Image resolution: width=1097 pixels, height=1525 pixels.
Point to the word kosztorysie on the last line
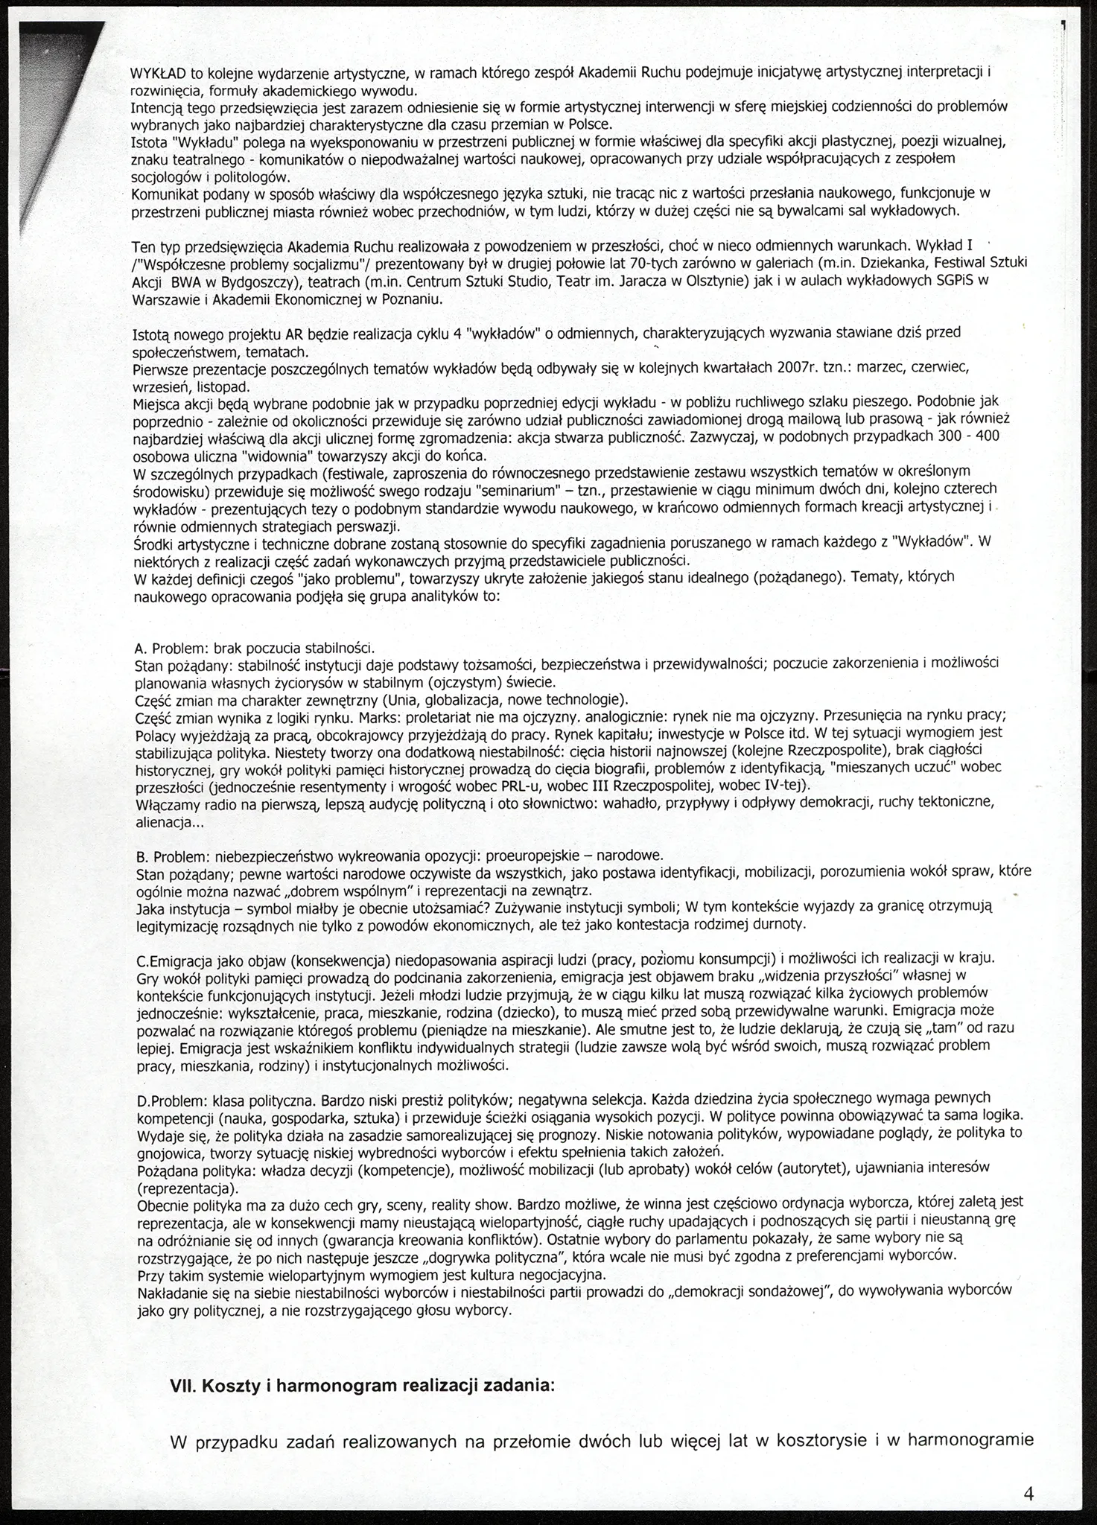[x=820, y=1440]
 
